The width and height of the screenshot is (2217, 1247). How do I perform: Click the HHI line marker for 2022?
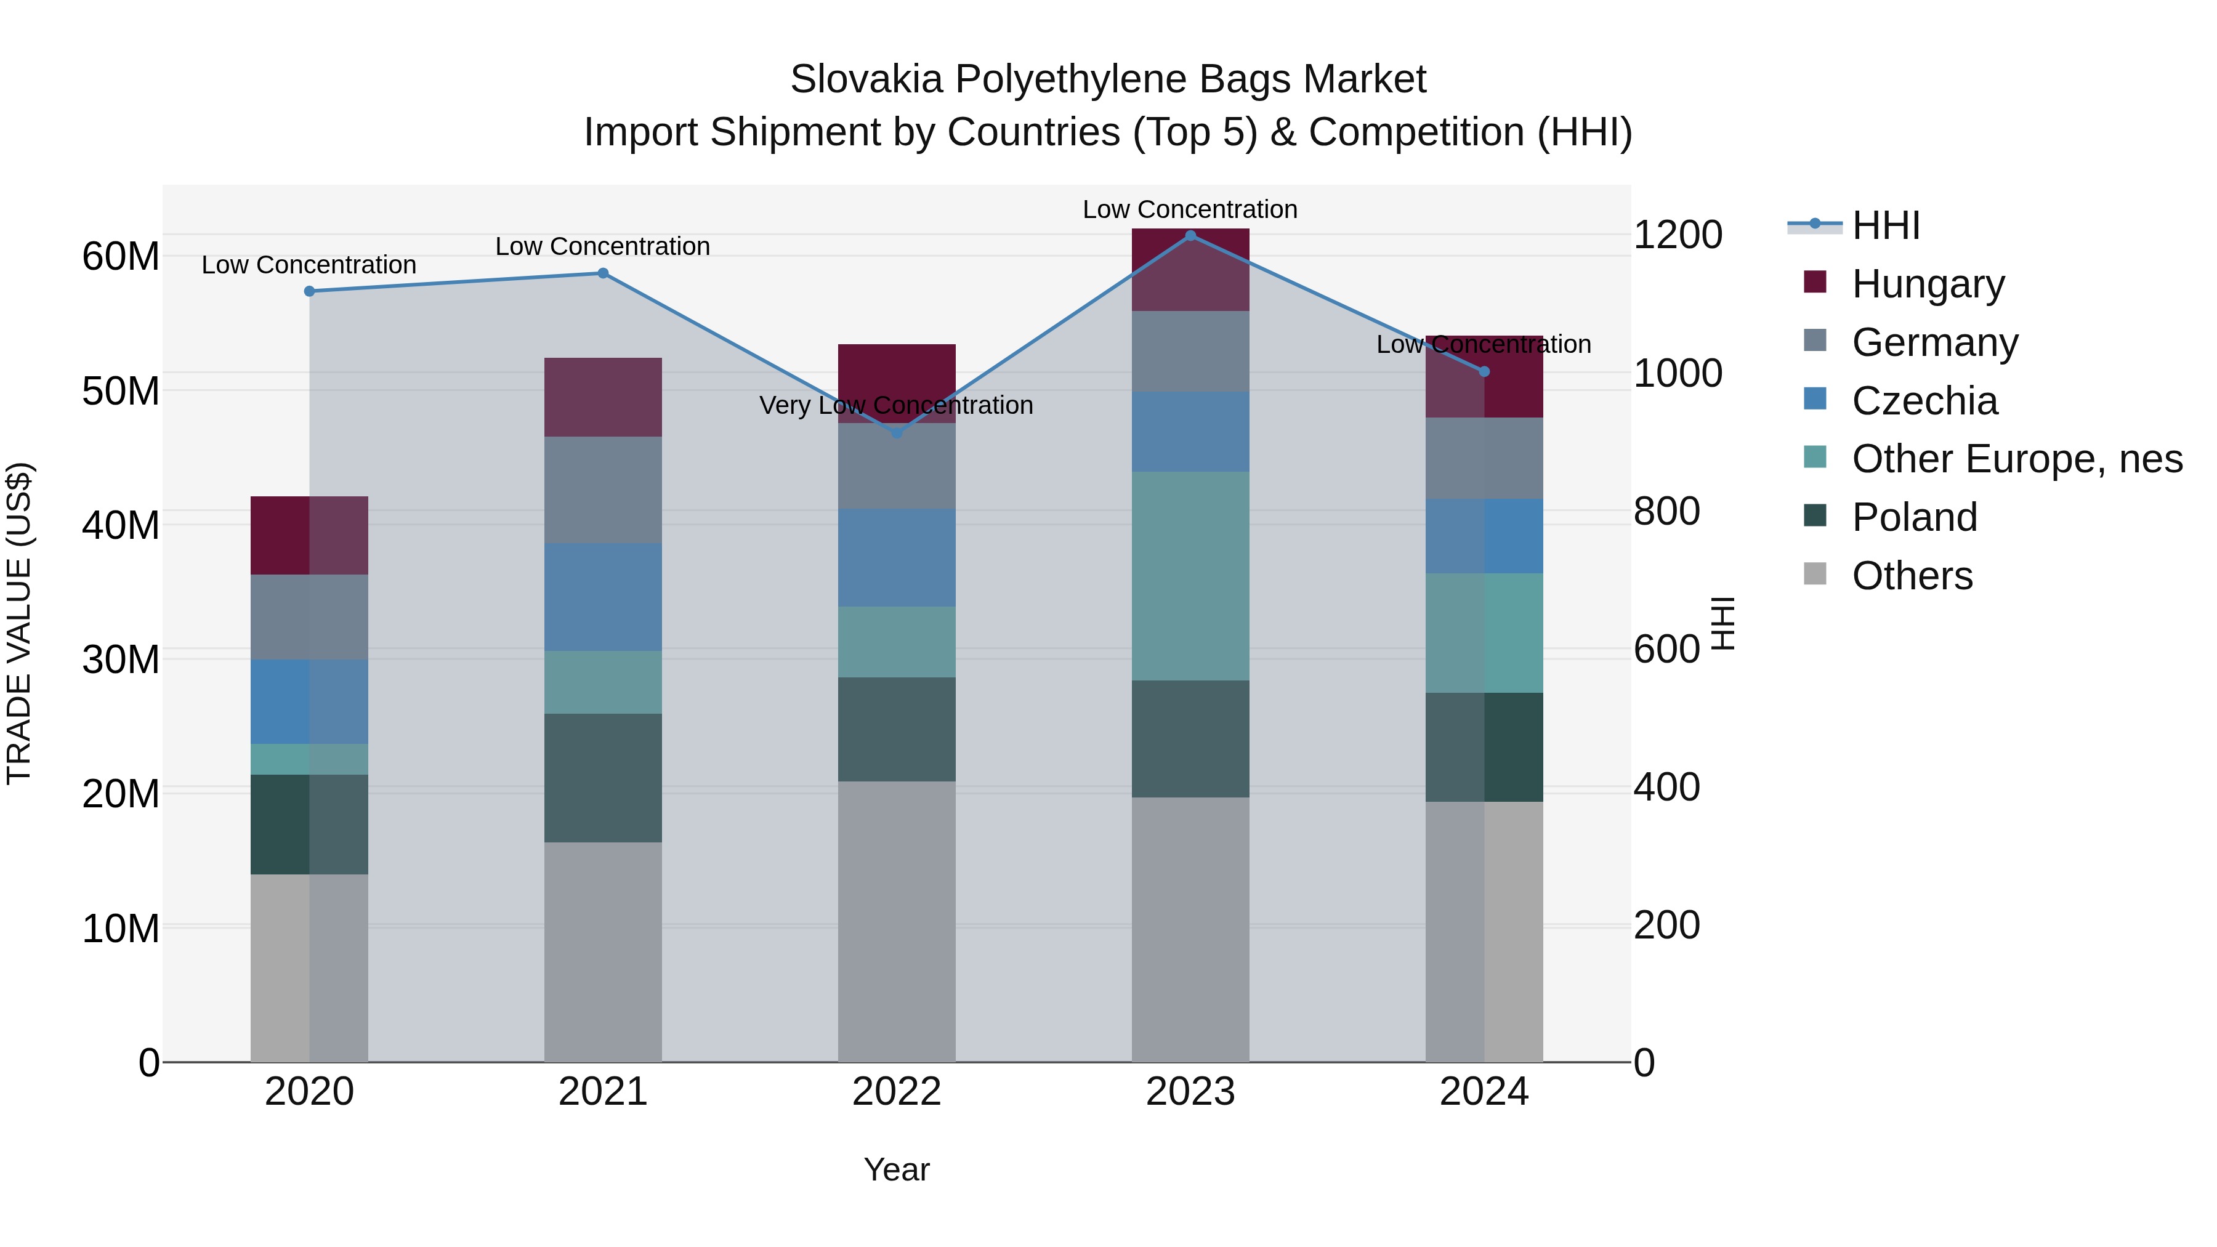tap(896, 433)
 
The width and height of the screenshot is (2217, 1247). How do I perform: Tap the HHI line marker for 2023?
tap(1190, 236)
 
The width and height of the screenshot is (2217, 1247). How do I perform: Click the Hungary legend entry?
tap(1927, 284)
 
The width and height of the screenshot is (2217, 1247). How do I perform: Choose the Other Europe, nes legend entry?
tap(2016, 459)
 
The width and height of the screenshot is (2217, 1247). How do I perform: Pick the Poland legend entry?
tap(1914, 517)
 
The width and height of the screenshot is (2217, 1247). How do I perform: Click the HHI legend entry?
tap(1885, 225)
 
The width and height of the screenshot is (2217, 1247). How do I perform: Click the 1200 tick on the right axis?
tap(1678, 235)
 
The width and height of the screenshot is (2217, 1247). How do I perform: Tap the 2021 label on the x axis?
tap(602, 1092)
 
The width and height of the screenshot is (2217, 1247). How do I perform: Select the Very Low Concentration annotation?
tap(896, 405)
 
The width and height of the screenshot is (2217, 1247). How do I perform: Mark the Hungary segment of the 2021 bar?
tap(602, 397)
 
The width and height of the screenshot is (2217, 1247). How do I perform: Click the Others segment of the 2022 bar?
tap(896, 921)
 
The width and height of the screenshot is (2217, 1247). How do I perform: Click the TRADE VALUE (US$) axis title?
tap(19, 623)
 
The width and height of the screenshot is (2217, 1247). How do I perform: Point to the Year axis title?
tap(896, 1169)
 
